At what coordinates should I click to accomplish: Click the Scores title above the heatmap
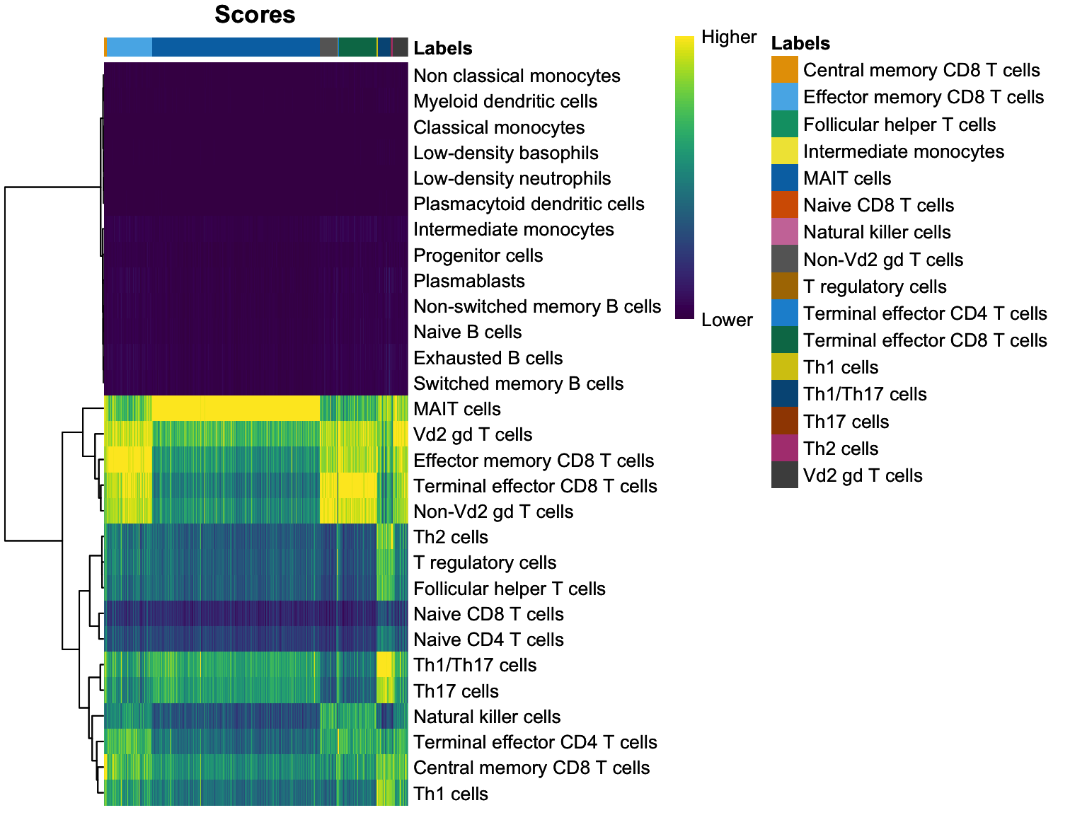coord(255,15)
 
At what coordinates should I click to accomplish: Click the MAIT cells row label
coord(456,409)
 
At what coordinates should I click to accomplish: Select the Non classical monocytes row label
coord(517,76)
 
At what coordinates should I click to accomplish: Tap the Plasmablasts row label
coord(468,281)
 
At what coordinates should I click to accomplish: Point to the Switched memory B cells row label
coord(518,383)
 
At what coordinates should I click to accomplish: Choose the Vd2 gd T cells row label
coord(472,434)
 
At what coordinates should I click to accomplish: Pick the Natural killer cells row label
coord(487,717)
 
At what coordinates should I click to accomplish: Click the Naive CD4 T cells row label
coord(488,640)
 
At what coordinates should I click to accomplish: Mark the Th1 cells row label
coord(450,794)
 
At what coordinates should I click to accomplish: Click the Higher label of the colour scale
coord(728,37)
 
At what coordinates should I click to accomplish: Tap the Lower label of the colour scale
coord(726,320)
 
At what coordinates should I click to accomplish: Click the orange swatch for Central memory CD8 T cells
coord(784,70)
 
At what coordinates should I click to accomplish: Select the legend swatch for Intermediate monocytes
coord(784,151)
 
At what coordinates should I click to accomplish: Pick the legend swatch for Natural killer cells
coord(784,232)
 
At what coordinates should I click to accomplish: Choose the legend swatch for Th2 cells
coord(784,449)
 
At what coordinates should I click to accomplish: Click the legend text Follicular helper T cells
coord(899,125)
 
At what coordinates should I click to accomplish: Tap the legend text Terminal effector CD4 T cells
coord(924,313)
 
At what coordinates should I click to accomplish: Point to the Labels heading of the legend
coord(800,43)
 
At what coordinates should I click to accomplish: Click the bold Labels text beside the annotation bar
coord(442,48)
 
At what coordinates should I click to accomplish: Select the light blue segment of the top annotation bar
coord(130,47)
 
